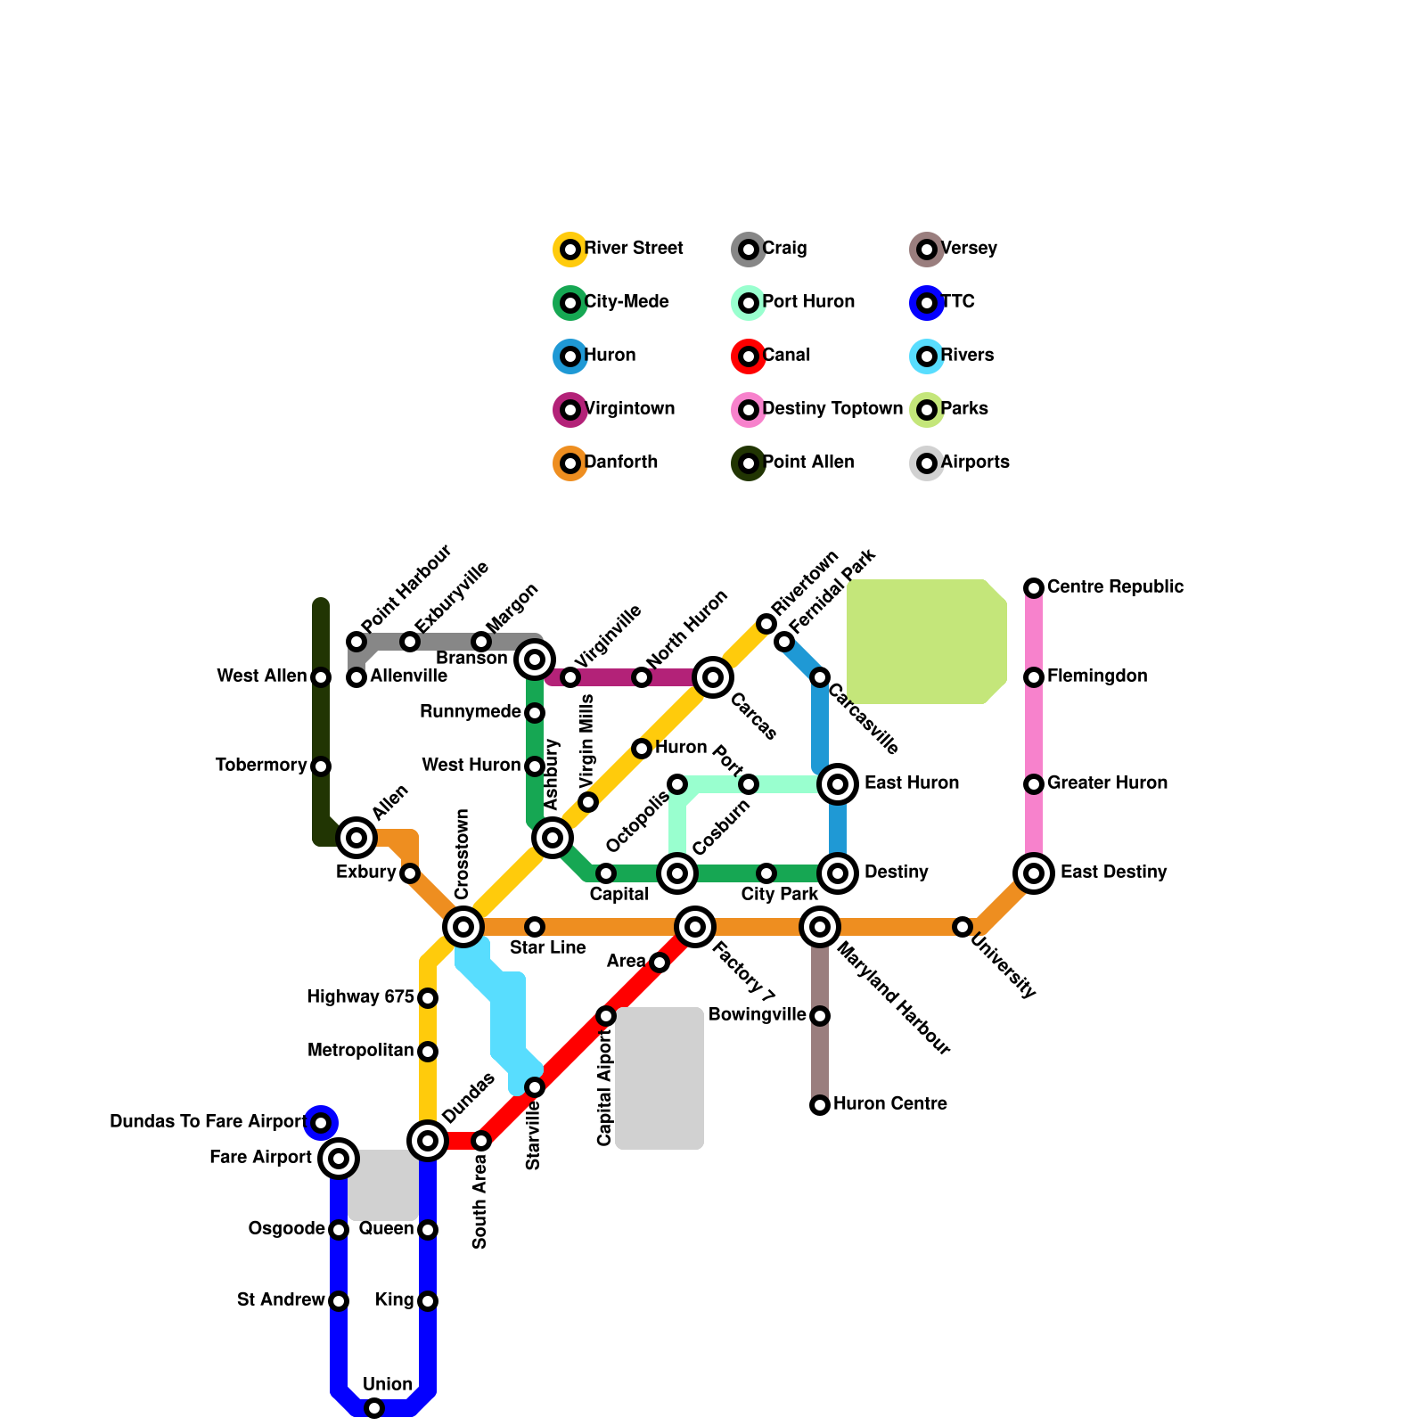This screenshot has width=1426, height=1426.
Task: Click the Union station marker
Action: tap(374, 1408)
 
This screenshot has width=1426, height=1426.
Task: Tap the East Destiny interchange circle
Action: tap(1034, 873)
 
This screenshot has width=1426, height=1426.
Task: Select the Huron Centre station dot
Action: tap(820, 1105)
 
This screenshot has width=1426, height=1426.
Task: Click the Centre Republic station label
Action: tap(1115, 587)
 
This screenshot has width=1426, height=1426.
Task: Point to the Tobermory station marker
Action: tap(321, 766)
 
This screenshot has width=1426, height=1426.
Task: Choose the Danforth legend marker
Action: tap(570, 463)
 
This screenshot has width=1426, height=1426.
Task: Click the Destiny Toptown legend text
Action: tap(832, 409)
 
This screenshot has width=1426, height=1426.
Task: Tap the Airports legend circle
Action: tap(927, 463)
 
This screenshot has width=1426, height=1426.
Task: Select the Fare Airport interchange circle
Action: tap(339, 1159)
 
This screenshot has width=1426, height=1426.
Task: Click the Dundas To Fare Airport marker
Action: tap(321, 1123)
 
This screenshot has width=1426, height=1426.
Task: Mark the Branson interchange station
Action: tap(535, 660)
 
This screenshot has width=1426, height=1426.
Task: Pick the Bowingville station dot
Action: tap(820, 1016)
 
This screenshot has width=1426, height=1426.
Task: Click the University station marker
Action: tap(963, 927)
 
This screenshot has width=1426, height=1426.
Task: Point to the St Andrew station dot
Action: tap(339, 1301)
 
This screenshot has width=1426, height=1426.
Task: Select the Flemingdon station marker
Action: tap(1034, 677)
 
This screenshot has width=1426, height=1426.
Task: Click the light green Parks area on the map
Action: tap(927, 642)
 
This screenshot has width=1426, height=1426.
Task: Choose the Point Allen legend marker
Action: tap(749, 463)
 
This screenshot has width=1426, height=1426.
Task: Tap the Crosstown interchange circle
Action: tap(463, 927)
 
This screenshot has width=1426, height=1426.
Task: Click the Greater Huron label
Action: tap(1107, 783)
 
